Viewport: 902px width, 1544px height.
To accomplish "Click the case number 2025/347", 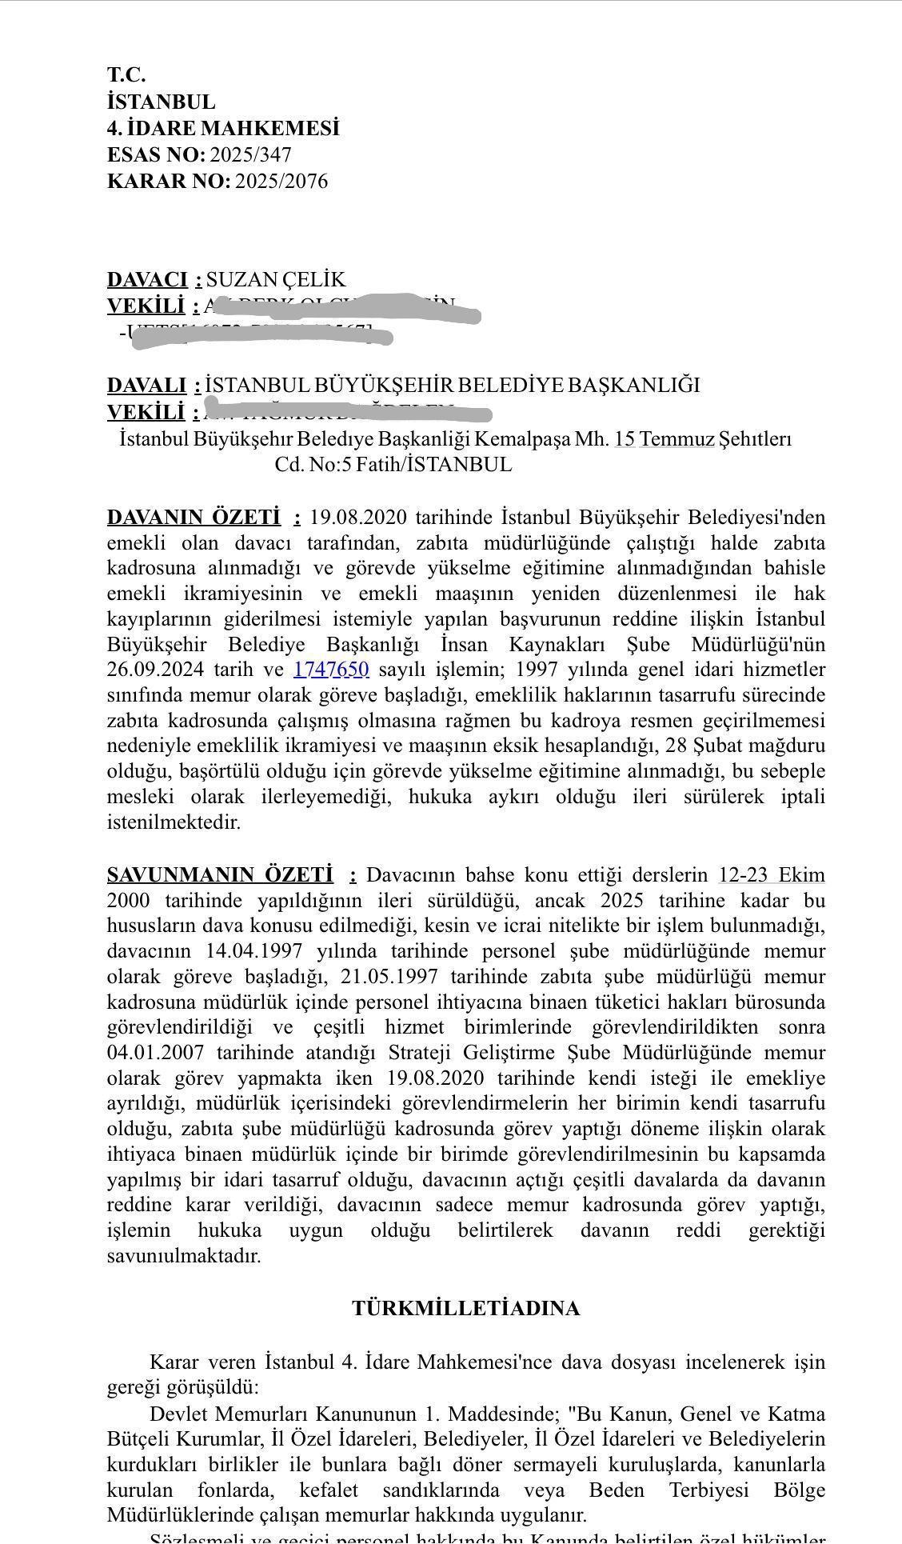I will tap(250, 154).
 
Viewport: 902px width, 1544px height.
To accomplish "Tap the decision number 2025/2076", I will tap(281, 181).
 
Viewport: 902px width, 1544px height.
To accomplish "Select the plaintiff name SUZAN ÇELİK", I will tap(276, 279).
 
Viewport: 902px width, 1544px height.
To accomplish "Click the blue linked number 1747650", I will tap(331, 669).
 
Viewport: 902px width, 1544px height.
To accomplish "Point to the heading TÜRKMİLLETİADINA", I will tap(465, 1308).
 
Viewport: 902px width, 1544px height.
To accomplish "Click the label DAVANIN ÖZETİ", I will tap(194, 517).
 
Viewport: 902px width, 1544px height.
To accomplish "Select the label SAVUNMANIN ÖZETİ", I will tap(220, 874).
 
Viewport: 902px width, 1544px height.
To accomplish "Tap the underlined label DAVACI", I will tap(147, 279).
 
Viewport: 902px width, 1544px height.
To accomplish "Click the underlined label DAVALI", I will tap(146, 385).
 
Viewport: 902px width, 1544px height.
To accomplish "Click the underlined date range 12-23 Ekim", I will tap(771, 874).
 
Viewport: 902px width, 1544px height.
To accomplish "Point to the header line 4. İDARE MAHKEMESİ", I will tap(223, 128).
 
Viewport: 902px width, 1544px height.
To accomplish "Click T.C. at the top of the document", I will tap(126, 75).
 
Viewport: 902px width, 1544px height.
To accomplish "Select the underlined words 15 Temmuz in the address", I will tap(664, 439).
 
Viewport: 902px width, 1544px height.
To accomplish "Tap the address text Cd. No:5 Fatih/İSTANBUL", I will tap(393, 465).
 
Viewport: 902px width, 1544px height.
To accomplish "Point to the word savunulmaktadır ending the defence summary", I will tap(184, 1256).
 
